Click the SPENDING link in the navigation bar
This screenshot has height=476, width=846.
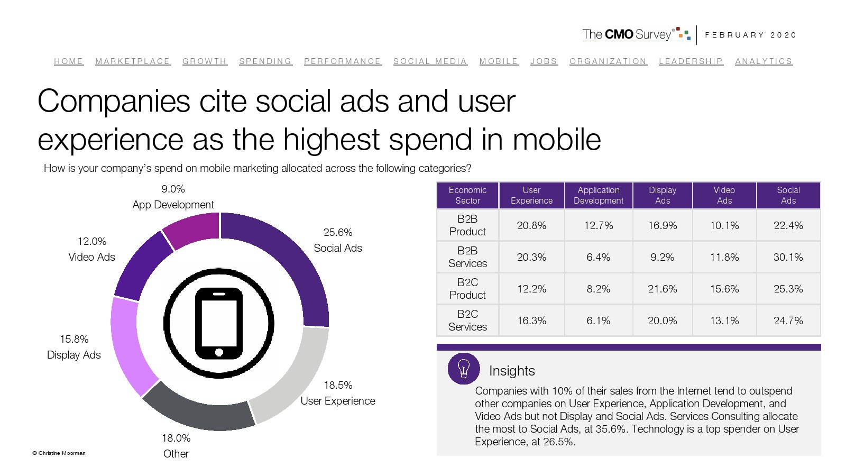click(265, 61)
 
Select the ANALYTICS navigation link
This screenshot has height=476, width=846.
click(764, 61)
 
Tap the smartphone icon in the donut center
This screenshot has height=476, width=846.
click(219, 323)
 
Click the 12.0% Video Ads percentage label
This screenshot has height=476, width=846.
click(92, 241)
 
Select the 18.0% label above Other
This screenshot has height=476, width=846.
click(176, 438)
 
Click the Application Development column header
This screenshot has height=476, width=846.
click(599, 195)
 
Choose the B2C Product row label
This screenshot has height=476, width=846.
click(467, 289)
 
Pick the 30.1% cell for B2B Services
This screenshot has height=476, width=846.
click(788, 257)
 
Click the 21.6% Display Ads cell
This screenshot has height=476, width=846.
click(662, 289)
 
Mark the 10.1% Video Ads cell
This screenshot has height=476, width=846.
click(724, 225)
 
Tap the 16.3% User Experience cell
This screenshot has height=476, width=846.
click(531, 321)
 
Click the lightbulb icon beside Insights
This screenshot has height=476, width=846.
click(464, 369)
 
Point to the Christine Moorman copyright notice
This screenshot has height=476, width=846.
click(59, 453)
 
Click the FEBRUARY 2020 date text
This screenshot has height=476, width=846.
click(750, 35)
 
